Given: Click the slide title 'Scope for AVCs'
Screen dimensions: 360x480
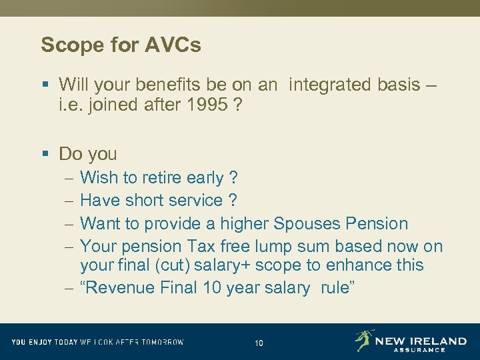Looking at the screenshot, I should pyautogui.click(x=121, y=45).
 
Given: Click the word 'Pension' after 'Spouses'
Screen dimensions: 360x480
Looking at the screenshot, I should pyautogui.click(x=377, y=223).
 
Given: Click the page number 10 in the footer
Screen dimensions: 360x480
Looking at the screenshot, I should pyautogui.click(x=259, y=343).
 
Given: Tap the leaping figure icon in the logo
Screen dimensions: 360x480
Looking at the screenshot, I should pyautogui.click(x=364, y=340).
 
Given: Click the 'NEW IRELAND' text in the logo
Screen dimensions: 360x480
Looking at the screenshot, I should pyautogui.click(x=421, y=341).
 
